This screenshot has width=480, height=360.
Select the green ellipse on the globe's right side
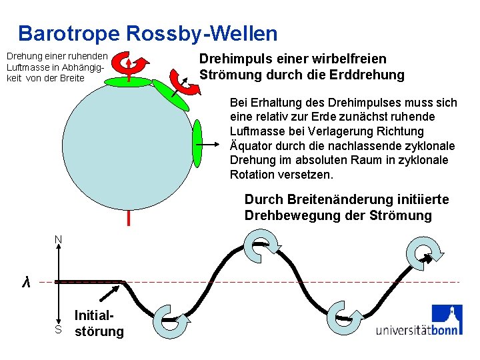[197, 143]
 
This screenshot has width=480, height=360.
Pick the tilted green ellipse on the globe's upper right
[171, 94]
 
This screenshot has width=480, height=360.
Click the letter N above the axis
[59, 239]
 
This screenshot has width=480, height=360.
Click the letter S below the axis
[59, 330]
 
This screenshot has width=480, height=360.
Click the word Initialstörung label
[99, 323]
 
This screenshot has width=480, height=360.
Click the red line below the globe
[127, 217]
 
